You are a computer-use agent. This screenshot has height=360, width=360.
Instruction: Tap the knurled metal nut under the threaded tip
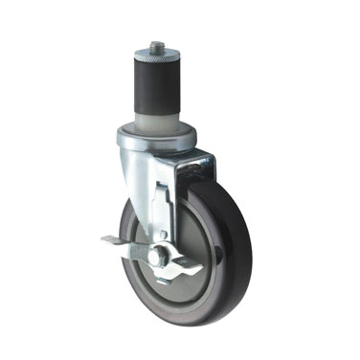pos(154,55)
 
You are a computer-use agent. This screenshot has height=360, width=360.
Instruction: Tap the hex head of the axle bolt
pos(156,256)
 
